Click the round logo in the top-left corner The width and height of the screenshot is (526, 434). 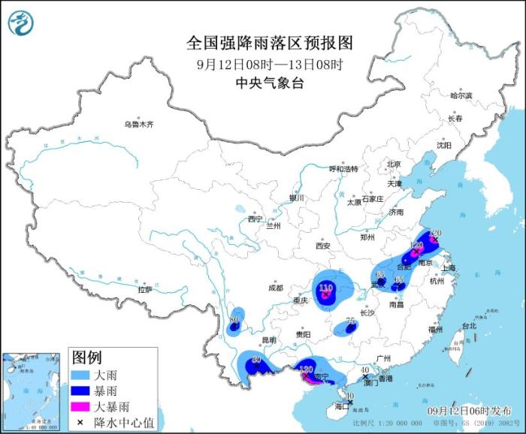point(23,23)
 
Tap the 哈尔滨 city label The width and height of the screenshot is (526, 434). point(461,96)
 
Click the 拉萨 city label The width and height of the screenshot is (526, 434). point(145,289)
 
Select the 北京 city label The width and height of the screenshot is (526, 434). point(394,164)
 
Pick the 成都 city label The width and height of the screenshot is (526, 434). point(275,288)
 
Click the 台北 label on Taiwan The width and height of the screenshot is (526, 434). point(469,326)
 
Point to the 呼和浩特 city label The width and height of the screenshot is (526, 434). point(344,169)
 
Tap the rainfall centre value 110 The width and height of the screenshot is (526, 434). point(325,288)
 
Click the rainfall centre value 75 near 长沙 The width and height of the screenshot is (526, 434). point(349,321)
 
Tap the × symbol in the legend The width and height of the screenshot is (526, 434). point(80,423)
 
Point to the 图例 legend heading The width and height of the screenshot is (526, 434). point(86,356)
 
